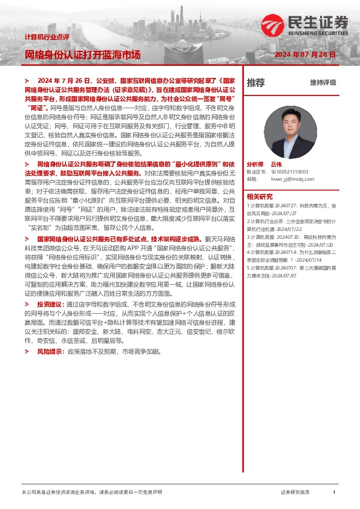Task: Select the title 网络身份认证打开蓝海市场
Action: (x=82, y=55)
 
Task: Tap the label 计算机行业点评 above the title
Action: (x=47, y=37)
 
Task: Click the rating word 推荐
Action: (x=255, y=83)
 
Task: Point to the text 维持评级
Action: (x=322, y=83)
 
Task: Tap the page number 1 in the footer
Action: (x=334, y=493)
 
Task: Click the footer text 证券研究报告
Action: (x=295, y=493)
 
